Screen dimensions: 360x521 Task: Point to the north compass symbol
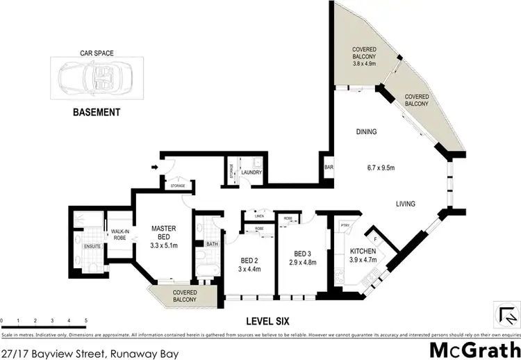pyautogui.click(x=504, y=315)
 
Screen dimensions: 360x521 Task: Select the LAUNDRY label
pyautogui.click(x=250, y=172)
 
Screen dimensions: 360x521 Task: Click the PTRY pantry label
pyautogui.click(x=345, y=225)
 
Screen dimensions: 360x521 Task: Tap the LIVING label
pyautogui.click(x=405, y=204)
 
